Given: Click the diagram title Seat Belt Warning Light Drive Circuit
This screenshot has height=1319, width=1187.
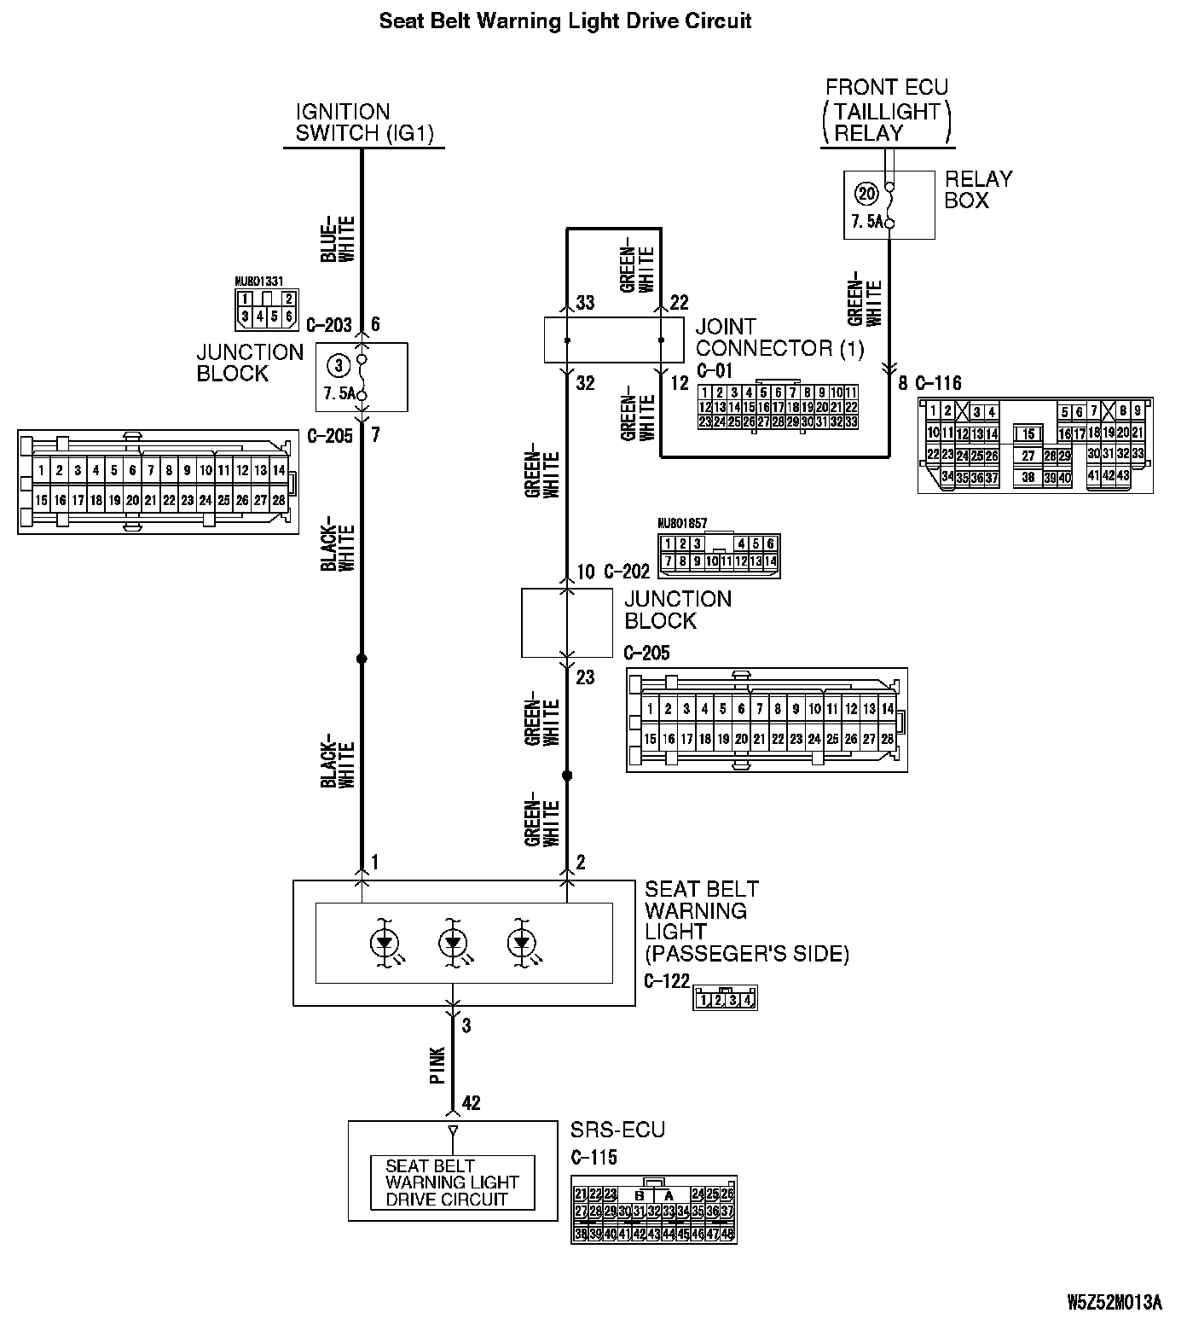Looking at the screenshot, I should point(565,20).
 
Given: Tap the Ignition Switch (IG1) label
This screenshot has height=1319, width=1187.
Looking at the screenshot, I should point(364,123).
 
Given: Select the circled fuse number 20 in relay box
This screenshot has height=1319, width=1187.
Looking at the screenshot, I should point(866,195).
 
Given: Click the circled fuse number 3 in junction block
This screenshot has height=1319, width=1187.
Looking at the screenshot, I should point(339,366).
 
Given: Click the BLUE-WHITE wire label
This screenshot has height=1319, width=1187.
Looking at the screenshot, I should point(337,239).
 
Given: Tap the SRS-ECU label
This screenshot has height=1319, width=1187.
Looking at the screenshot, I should point(617,1130).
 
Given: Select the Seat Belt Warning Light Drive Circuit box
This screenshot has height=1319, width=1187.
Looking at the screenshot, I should point(452,1182).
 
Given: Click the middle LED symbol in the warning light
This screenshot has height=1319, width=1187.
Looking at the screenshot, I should point(452,943).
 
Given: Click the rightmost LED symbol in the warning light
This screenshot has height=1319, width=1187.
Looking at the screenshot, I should point(520,943).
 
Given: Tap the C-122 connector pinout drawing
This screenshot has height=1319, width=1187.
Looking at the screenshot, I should point(725,998).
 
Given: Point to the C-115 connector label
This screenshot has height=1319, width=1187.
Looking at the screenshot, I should point(593,1158).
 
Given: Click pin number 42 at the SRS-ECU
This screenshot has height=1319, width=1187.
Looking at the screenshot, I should point(471,1103).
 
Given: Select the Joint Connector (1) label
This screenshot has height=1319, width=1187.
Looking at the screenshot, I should point(779,338).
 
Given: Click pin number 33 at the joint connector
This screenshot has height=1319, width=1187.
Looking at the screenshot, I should point(585,303).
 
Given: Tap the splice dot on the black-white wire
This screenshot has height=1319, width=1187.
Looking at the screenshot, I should point(362,659).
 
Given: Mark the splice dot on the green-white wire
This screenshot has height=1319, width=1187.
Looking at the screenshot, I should point(567,776).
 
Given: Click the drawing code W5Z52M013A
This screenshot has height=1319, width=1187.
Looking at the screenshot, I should point(1114,1303).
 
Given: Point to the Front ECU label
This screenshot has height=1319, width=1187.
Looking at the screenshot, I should point(887,87).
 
